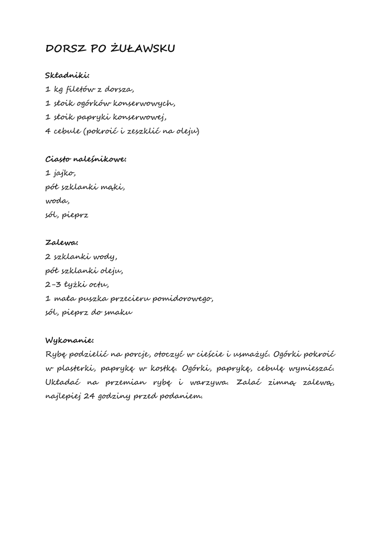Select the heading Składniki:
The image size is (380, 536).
pyautogui.click(x=68, y=75)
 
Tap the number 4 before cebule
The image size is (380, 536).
pyautogui.click(x=48, y=130)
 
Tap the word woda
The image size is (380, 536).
pyautogui.click(x=57, y=200)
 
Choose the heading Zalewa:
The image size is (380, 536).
pyautogui.click(x=62, y=242)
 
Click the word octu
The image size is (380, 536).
pyautogui.click(x=98, y=285)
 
